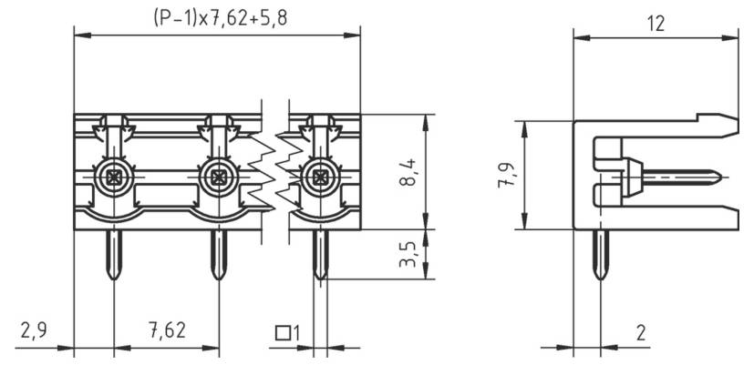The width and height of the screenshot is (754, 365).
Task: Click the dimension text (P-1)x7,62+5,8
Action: click(216, 17)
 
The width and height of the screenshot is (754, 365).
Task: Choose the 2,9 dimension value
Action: click(34, 331)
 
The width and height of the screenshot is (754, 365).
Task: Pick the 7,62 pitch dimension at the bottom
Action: click(166, 331)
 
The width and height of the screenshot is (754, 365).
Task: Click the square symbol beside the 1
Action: click(283, 333)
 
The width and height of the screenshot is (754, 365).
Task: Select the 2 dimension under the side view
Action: click(640, 332)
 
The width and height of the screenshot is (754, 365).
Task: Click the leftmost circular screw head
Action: click(113, 176)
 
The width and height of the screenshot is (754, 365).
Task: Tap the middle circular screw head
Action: click(218, 176)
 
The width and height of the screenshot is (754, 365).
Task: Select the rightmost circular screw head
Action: click(319, 176)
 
